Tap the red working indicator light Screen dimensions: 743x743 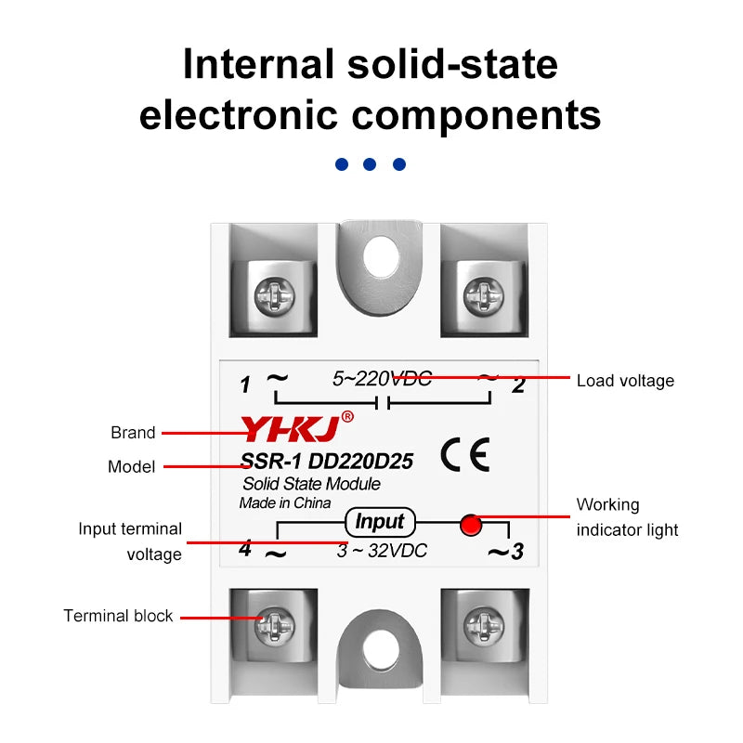tap(471, 525)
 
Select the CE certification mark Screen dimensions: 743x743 tap(465, 455)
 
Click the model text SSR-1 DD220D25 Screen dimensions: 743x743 tap(327, 461)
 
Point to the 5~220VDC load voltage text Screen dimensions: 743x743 tap(382, 379)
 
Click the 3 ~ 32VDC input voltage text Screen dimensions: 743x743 tap(382, 551)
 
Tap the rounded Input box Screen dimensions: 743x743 tap(380, 522)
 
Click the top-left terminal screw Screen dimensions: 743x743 tap(274, 296)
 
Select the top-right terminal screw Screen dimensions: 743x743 tap(483, 296)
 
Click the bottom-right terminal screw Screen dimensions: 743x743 tap(483, 625)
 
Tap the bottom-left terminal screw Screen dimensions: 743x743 tap(274, 625)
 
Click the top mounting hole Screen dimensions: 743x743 tap(381, 256)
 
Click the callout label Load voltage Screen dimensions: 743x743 tap(625, 381)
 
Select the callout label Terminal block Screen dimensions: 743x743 tap(118, 616)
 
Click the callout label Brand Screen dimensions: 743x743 tap(133, 433)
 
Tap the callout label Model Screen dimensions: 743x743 tap(131, 467)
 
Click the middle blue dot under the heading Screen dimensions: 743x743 tap(370, 164)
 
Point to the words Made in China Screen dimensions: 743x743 tap(285, 502)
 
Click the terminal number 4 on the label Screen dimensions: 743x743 tap(245, 548)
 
